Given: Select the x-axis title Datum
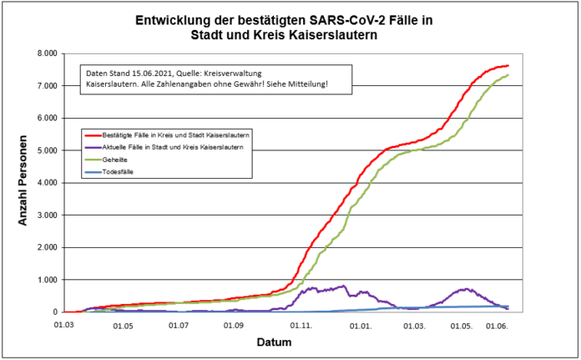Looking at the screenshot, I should click(275, 342).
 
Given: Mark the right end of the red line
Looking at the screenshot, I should click(508, 66).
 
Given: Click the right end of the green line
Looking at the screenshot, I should click(508, 75).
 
